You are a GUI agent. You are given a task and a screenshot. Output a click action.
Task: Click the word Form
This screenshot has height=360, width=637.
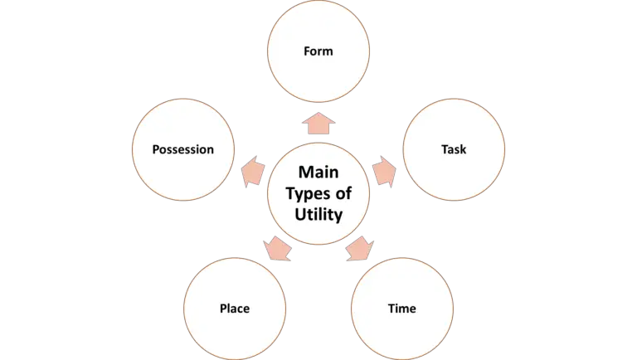[x=318, y=51]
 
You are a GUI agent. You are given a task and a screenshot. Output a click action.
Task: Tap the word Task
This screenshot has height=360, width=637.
[x=454, y=150]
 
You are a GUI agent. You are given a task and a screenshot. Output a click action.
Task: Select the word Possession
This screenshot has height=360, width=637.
[x=183, y=150]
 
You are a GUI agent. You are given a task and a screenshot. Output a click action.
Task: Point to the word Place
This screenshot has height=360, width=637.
[x=234, y=309]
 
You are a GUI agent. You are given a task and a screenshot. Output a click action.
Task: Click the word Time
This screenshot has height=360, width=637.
[x=402, y=309]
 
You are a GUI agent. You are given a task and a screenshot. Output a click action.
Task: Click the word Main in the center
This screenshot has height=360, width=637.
[x=318, y=173]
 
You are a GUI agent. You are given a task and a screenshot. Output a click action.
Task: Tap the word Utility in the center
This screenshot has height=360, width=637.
[x=318, y=214]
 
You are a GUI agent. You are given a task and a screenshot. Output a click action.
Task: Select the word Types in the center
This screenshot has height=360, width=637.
[x=307, y=193]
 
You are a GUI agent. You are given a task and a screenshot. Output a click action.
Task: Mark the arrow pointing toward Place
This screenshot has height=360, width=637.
[x=277, y=247]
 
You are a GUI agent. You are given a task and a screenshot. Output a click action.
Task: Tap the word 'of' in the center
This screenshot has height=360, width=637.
[x=343, y=193]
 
